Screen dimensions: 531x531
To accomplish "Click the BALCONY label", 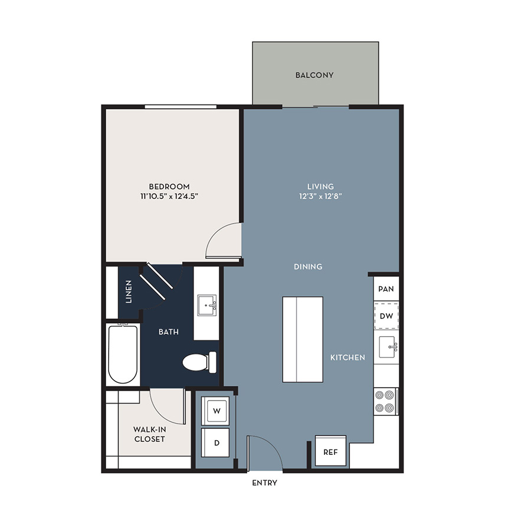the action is [x=314, y=75].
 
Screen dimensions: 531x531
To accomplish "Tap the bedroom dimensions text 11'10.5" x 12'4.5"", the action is [x=169, y=196].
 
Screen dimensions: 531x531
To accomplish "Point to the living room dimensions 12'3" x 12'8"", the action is [x=320, y=196].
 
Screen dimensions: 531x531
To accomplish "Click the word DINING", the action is [x=308, y=267].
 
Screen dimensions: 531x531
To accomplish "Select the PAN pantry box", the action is [x=386, y=289].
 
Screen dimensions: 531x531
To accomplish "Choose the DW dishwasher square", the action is [x=386, y=316].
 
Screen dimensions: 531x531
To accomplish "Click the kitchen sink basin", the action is [x=387, y=347].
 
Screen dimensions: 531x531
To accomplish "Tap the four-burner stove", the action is [x=385, y=402].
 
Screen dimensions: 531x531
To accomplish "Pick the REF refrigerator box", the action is [x=330, y=451].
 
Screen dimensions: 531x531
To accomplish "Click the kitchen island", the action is [x=303, y=340].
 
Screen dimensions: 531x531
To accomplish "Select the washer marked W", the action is [x=216, y=411].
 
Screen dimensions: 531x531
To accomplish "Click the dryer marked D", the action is [x=216, y=442].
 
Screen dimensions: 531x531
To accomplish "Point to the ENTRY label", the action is [x=264, y=483].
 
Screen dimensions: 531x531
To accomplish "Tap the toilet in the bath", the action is [x=199, y=362].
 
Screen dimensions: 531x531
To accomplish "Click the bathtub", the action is [x=123, y=354].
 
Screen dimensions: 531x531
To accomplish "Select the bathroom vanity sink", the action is [x=206, y=305].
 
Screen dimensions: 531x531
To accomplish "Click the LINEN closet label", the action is [x=129, y=291].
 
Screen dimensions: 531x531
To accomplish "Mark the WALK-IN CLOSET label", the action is [x=149, y=434].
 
